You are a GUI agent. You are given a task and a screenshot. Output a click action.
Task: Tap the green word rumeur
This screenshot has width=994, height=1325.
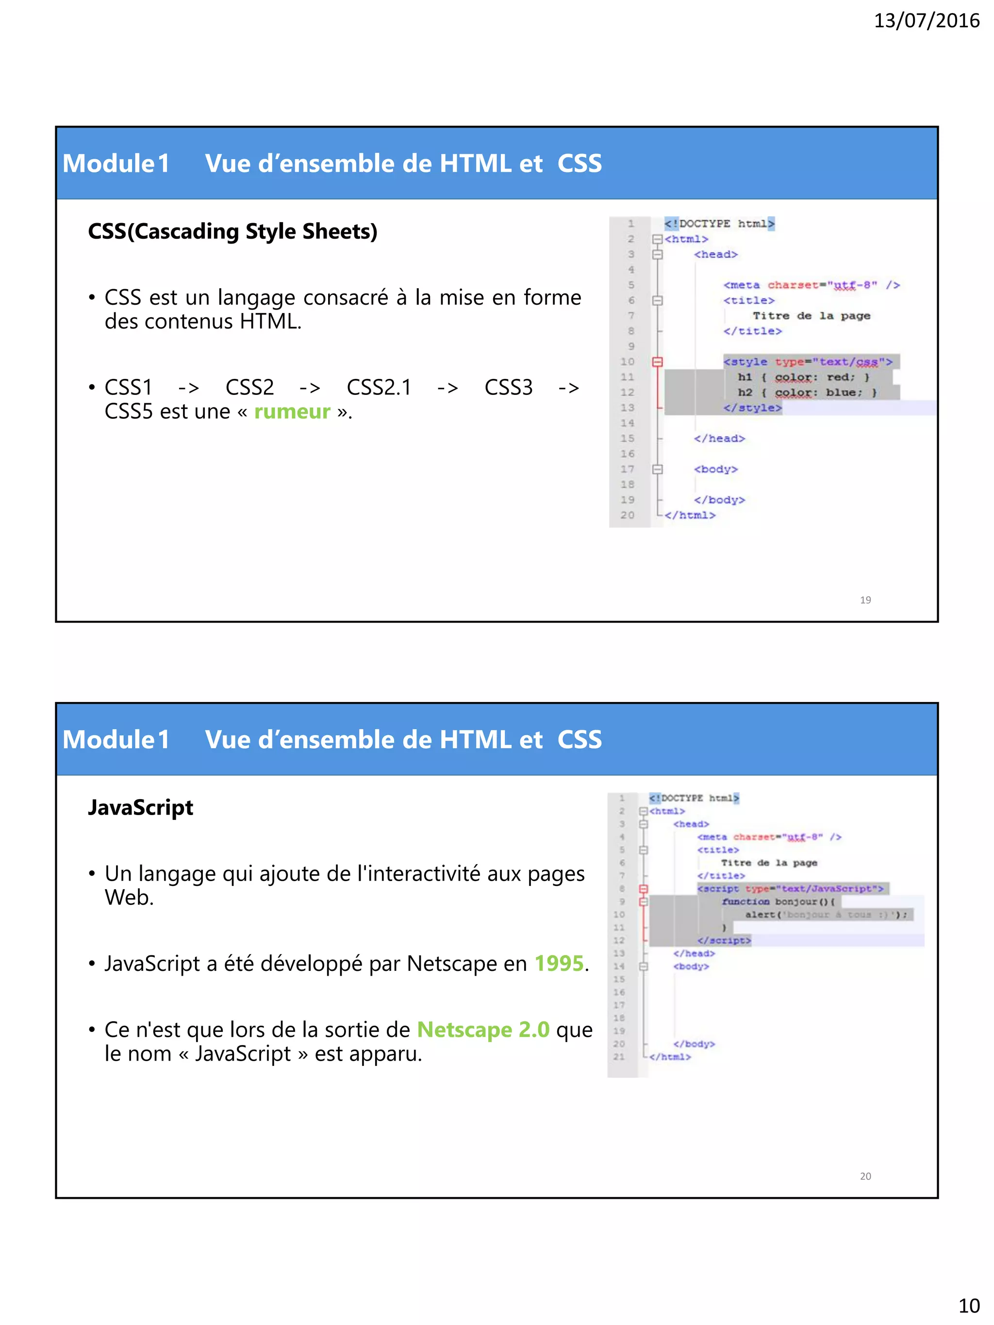[292, 411]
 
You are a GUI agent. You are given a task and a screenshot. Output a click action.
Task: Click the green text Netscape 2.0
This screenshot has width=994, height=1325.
[483, 1029]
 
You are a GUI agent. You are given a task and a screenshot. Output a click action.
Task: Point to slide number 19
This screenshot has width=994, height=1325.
[865, 600]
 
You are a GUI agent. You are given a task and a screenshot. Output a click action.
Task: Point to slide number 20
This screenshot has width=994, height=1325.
[865, 1176]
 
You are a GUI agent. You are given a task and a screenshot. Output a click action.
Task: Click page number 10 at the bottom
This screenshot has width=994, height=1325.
[969, 1305]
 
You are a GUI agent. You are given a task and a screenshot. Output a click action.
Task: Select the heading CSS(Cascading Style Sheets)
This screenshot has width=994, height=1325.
[232, 231]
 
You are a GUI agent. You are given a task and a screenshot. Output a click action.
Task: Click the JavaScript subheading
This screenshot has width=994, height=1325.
[140, 807]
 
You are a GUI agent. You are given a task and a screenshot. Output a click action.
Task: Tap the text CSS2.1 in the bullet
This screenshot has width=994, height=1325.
[379, 388]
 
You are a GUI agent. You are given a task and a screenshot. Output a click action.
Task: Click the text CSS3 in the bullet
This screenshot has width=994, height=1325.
[508, 388]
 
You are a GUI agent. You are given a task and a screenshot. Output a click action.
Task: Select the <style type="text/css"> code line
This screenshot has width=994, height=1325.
[807, 362]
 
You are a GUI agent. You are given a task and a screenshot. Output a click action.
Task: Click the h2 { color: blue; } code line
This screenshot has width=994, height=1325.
[807, 393]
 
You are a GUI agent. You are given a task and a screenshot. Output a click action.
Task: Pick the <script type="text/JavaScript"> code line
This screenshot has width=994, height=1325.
[790, 889]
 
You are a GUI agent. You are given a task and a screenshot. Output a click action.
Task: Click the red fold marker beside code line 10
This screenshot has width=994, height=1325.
[657, 362]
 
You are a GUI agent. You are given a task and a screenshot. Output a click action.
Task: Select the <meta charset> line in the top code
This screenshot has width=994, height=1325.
[811, 285]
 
